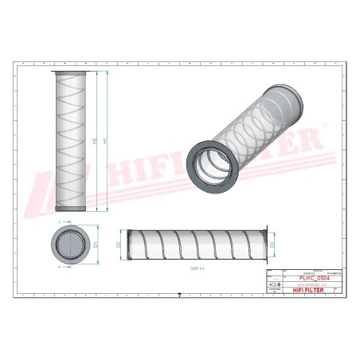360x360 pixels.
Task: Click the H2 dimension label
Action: [95, 141]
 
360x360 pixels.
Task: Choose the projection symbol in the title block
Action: [274, 284]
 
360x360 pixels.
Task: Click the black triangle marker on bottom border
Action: [180, 296]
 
